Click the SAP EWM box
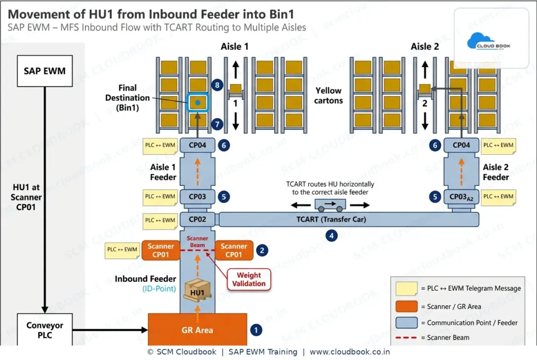pyautogui.click(x=45, y=71)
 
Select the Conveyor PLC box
pyautogui.click(x=45, y=330)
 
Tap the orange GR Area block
pyautogui.click(x=197, y=330)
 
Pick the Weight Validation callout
pyautogui.click(x=249, y=279)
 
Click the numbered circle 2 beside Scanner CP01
pyautogui.click(x=262, y=250)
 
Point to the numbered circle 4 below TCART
pyautogui.click(x=331, y=235)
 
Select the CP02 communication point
pyautogui.click(x=197, y=220)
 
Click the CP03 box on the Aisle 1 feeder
pyautogui.click(x=197, y=197)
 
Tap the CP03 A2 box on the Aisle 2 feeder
pyautogui.click(x=461, y=197)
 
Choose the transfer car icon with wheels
pyautogui.click(x=330, y=205)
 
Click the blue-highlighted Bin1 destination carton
pyautogui.click(x=198, y=102)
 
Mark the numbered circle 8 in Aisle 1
pyautogui.click(x=217, y=85)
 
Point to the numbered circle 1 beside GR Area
pyautogui.click(x=256, y=330)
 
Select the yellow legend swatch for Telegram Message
pyautogui.click(x=406, y=289)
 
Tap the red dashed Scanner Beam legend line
pyautogui.click(x=406, y=338)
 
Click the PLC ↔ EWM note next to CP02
pyautogui.click(x=160, y=221)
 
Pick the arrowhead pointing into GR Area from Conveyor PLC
pyautogui.click(x=145, y=330)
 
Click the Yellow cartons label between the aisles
pyautogui.click(x=328, y=95)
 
